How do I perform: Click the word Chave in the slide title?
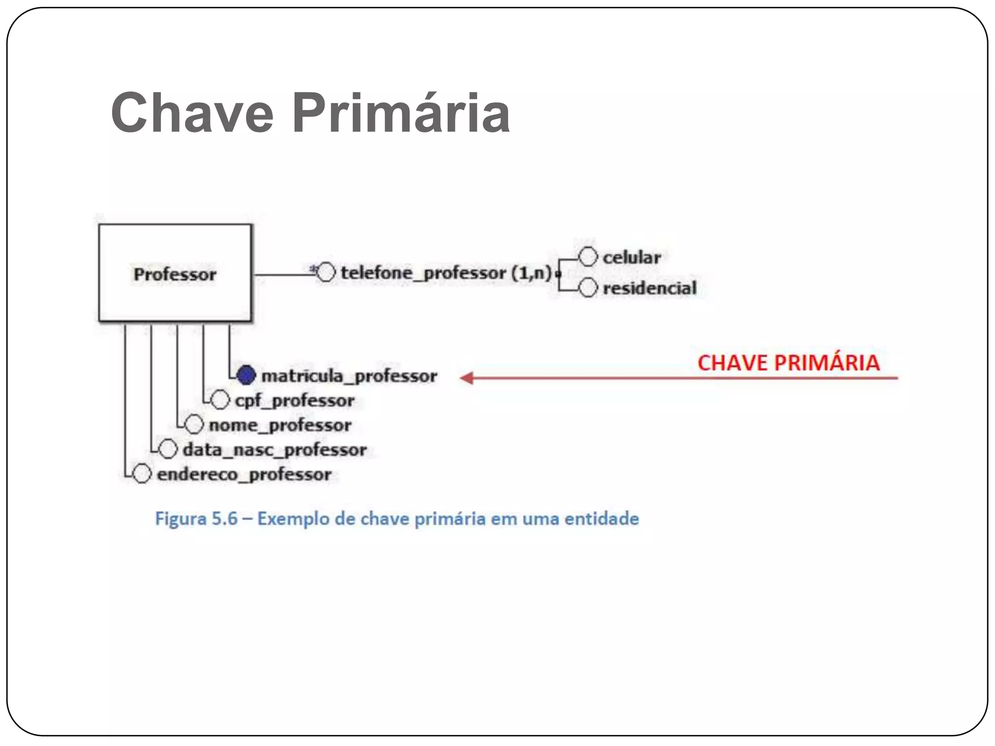click(192, 113)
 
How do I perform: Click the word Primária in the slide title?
click(401, 113)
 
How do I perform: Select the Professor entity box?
click(175, 273)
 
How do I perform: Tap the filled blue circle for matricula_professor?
click(246, 375)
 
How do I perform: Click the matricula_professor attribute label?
click(349, 376)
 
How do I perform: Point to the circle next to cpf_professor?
click(221, 400)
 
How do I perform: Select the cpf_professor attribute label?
click(295, 401)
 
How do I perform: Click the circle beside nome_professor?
click(194, 424)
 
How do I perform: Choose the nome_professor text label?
click(280, 425)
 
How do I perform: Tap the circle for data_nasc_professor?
click(168, 449)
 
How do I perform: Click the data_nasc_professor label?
click(274, 450)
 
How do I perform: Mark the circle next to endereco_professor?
click(142, 474)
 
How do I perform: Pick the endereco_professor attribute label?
click(244, 475)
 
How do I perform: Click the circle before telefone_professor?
click(326, 272)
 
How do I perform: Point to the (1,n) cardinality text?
click(532, 273)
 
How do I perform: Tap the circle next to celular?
click(588, 257)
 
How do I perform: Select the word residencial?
click(650, 288)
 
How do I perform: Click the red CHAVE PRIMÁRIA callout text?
click(788, 363)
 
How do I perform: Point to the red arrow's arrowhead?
click(466, 378)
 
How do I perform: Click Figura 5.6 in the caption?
click(196, 519)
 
